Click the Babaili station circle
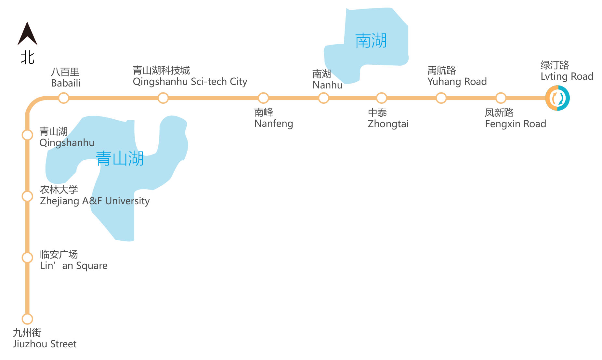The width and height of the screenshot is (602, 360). pos(64,98)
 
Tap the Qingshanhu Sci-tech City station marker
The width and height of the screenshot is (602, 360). pos(163,98)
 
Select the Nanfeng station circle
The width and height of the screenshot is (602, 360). pos(263,98)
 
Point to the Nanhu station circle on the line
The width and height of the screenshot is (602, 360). pos(323,98)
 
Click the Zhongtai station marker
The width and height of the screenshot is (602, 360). pos(382,98)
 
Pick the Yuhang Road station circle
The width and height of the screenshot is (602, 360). pos(441,98)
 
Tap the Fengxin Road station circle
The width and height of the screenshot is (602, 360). pos(501,98)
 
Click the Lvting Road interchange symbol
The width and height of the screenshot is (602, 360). pos(557,98)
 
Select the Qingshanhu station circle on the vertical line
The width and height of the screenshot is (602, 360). pos(28,135)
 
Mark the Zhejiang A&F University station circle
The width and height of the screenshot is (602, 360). pos(28,196)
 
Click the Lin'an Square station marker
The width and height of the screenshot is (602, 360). pos(28,258)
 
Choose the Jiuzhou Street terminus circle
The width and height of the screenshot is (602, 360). pos(28,319)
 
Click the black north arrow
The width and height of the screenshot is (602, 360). pos(27,34)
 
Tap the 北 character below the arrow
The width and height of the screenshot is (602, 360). pos(28,58)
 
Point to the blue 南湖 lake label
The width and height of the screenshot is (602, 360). pos(371,41)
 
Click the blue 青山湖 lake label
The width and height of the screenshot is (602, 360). pos(120,159)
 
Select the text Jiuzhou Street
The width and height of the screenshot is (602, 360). pos(45,344)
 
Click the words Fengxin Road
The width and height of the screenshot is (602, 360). pos(515,124)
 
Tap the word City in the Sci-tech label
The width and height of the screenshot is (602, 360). pos(239,82)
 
